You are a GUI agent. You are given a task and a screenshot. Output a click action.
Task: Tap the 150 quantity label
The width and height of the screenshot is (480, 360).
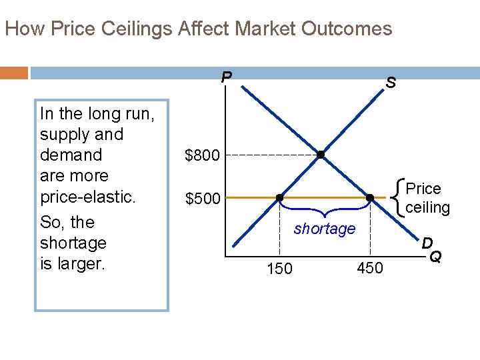[x=279, y=268]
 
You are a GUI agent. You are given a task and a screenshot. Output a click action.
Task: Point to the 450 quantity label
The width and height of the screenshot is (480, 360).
[x=371, y=268]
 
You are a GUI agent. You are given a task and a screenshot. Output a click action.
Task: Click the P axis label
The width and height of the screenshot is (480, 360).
[x=227, y=77]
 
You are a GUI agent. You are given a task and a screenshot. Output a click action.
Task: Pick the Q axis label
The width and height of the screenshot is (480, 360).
[x=435, y=257]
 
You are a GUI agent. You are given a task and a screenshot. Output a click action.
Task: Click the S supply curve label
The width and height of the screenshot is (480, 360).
[x=391, y=83]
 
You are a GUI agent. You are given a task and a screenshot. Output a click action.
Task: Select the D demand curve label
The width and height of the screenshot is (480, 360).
[x=427, y=243]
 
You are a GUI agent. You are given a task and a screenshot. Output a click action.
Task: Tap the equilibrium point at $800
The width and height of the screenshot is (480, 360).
[x=321, y=155]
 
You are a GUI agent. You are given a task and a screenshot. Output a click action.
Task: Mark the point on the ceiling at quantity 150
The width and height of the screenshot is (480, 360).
[x=279, y=197]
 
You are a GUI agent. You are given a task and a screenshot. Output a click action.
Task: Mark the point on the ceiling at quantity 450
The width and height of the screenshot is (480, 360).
[x=370, y=197]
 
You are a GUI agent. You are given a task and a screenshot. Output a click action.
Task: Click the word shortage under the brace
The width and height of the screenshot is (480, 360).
[x=325, y=229]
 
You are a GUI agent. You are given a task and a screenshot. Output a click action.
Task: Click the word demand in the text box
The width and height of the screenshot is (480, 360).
[x=71, y=155]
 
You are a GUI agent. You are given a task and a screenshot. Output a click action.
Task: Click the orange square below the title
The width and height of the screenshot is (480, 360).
[x=14, y=72]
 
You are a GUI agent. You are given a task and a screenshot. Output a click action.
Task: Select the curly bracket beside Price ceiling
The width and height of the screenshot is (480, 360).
[x=399, y=197]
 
